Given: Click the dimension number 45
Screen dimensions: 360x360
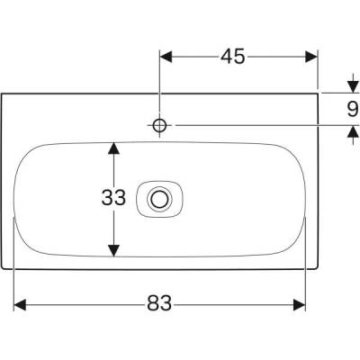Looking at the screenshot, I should [233, 57].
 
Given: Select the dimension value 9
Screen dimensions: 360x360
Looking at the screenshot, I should [351, 109].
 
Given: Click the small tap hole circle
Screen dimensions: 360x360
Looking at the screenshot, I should [159, 124].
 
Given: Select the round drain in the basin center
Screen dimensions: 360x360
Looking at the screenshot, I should [161, 197].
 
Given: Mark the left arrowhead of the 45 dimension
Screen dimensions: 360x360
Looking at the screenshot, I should [166, 57].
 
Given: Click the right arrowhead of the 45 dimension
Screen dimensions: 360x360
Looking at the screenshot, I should [312, 57].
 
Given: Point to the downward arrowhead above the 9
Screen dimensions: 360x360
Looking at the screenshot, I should [351, 87].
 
